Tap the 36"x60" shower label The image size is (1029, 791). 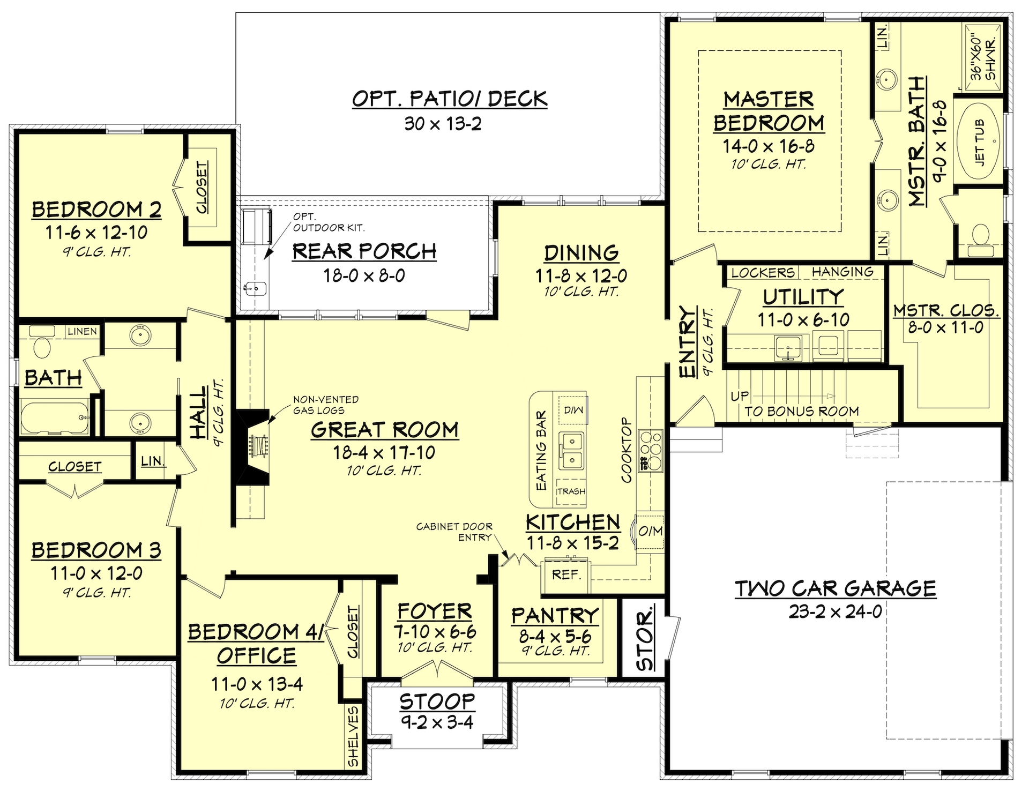pyautogui.click(x=983, y=58)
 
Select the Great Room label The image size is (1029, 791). pyautogui.click(x=384, y=429)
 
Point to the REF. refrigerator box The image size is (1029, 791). pyautogui.click(x=566, y=575)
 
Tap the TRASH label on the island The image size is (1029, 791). pyautogui.click(x=571, y=491)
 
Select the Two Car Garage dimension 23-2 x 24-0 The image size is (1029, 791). pyautogui.click(x=835, y=611)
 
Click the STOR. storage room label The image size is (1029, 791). pyautogui.click(x=645, y=639)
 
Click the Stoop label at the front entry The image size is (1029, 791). pyautogui.click(x=437, y=701)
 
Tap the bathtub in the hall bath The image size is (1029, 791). pyautogui.click(x=54, y=417)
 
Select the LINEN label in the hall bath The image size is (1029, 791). pyautogui.click(x=82, y=332)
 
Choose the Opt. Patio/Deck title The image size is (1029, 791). pyautogui.click(x=449, y=99)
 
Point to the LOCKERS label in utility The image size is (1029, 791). pyautogui.click(x=763, y=273)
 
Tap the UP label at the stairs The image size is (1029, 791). pyautogui.click(x=740, y=397)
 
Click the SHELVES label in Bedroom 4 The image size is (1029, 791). pyautogui.click(x=353, y=736)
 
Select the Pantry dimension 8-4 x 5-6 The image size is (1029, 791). pyautogui.click(x=555, y=637)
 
